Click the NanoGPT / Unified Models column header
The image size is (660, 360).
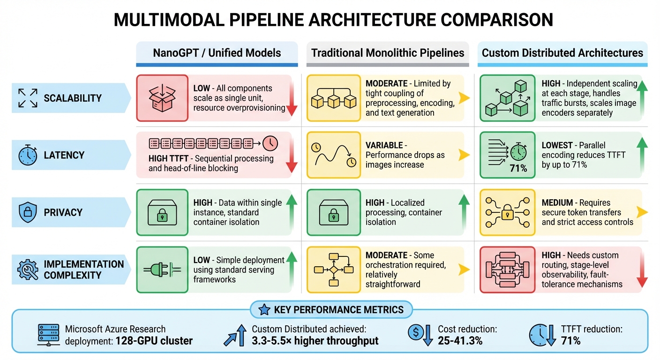(217, 52)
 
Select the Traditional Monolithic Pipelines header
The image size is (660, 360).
(388, 52)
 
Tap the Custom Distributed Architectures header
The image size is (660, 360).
(562, 52)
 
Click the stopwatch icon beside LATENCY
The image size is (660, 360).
(28, 155)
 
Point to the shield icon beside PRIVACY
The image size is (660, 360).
(28, 212)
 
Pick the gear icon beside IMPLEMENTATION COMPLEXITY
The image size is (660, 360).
(28, 270)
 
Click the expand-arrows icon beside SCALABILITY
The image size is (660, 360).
(28, 98)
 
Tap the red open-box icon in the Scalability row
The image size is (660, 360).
(161, 97)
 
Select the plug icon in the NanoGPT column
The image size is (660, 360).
(161, 270)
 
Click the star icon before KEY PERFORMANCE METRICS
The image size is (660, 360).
(264, 309)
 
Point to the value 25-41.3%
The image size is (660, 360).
(460, 340)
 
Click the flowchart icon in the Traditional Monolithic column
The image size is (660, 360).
(333, 269)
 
